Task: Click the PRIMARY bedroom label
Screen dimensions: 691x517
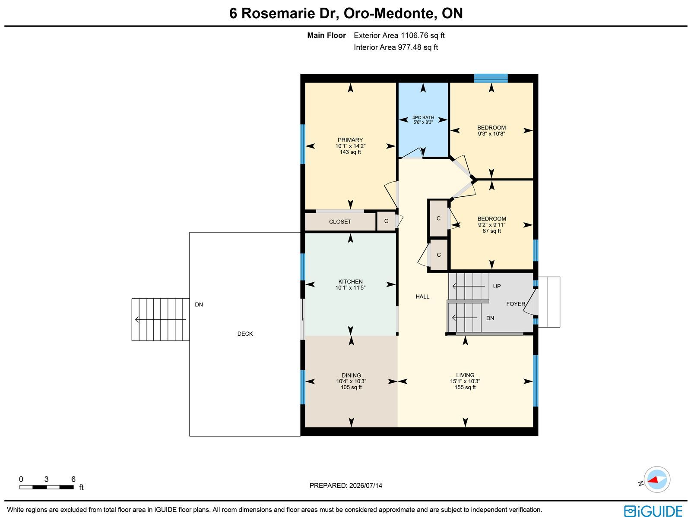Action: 350,140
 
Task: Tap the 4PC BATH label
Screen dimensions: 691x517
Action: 423,118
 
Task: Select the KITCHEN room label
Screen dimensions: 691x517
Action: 350,281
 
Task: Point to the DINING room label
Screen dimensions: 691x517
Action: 351,375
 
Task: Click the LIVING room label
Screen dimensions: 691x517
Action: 465,375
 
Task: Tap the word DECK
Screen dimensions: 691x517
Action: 245,334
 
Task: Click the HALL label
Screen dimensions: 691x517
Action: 422,296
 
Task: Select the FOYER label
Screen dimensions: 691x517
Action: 516,304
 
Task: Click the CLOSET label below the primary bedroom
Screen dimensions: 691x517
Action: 340,222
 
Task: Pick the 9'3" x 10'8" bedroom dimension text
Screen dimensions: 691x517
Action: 491,134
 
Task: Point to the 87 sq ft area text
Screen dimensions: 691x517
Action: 491,231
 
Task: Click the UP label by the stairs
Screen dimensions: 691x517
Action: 497,286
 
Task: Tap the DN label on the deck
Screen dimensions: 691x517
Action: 199,304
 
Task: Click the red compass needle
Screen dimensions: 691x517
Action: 653,480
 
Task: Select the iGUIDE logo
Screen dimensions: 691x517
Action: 653,511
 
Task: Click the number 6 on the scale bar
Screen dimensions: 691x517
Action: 73,479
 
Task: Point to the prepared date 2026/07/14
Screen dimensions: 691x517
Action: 365,485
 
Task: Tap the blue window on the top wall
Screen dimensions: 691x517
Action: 491,78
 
